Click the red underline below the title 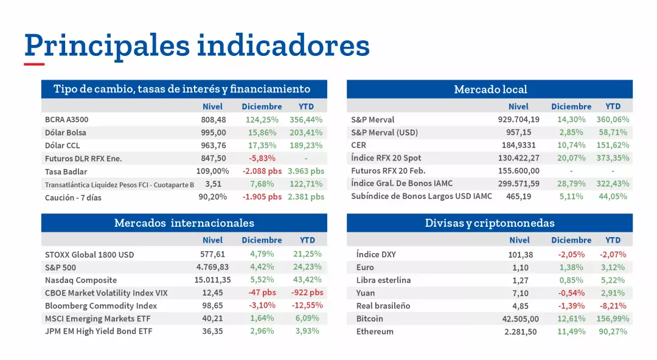tap(34, 64)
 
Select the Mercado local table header tap(490, 89)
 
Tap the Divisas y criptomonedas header tap(490, 223)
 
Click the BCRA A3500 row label tap(66, 120)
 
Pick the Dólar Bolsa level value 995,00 tap(214, 133)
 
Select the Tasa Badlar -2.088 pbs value tap(262, 171)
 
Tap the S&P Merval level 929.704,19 tap(518, 120)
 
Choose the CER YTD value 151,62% tap(613, 145)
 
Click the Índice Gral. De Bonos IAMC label tap(401, 184)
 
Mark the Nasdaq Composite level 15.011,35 tap(212, 280)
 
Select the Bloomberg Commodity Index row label tap(101, 306)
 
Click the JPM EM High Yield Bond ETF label tap(99, 331)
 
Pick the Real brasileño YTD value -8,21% tap(613, 306)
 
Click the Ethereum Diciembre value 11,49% tap(571, 331)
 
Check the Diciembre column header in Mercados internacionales tap(262, 240)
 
